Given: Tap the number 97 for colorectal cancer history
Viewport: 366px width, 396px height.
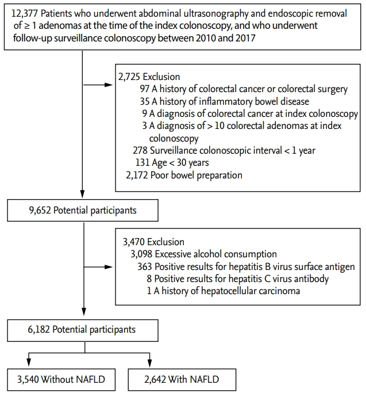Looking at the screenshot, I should (145, 89).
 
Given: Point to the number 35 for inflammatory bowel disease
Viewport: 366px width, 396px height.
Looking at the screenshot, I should (145, 101).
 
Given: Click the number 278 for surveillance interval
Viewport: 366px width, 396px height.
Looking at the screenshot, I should (140, 151).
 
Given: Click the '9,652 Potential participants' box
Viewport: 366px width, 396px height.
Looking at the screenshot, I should (83, 210).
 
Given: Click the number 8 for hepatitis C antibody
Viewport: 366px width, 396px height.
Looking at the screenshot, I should (149, 279).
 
